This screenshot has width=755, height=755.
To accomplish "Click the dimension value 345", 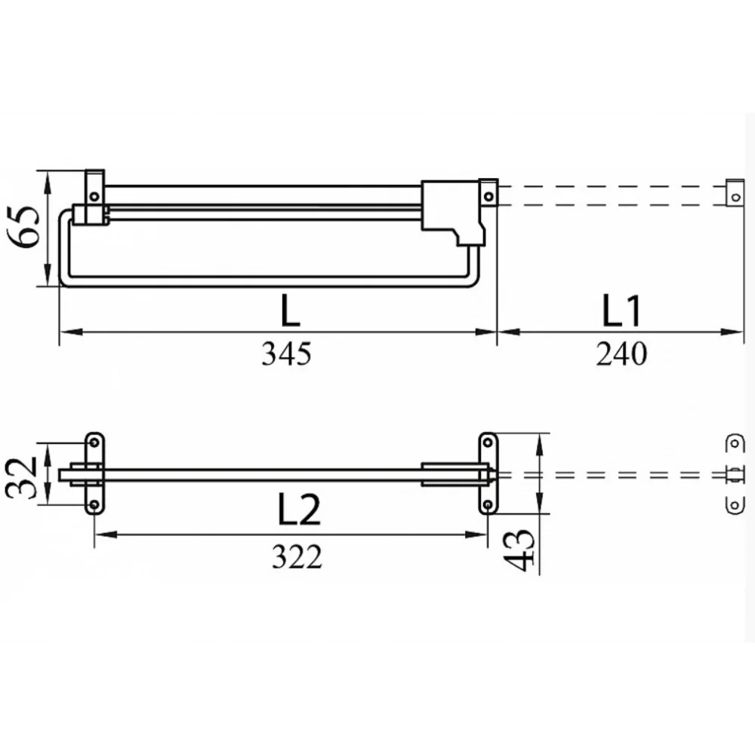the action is (286, 354).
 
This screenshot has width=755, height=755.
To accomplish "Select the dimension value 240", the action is (621, 354).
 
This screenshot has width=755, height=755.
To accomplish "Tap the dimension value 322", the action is (297, 557).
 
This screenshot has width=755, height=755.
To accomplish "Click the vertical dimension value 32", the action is (21, 478).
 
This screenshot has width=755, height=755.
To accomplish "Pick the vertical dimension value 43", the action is (519, 550).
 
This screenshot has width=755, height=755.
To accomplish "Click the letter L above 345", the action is (290, 310).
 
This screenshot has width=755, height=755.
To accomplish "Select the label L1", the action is (621, 310).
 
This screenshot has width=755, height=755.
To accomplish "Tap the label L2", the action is (299, 509).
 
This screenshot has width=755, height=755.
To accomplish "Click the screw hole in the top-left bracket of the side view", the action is (94, 196).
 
